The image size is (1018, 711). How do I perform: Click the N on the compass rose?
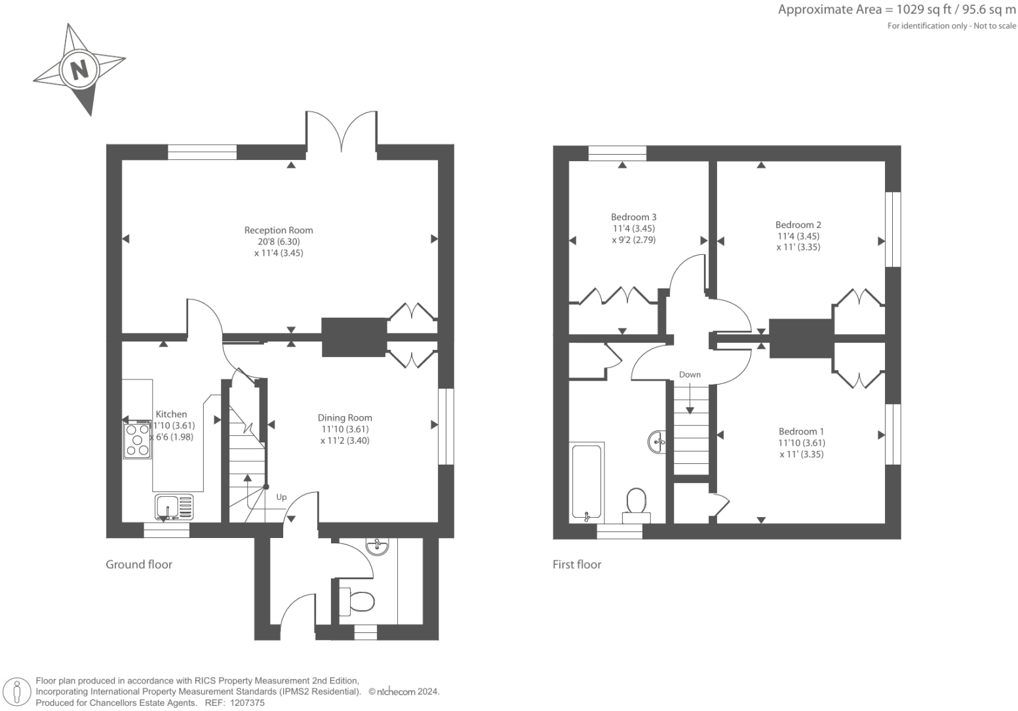(x=79, y=69)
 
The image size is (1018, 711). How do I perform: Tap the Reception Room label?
(x=279, y=230)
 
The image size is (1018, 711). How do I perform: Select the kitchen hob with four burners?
(x=138, y=440)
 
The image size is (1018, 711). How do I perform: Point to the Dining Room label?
(x=345, y=417)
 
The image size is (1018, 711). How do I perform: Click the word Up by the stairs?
(x=281, y=497)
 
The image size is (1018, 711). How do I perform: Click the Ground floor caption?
(x=139, y=564)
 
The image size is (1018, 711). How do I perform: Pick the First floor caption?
(x=577, y=564)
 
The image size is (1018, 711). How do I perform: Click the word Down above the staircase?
(x=690, y=375)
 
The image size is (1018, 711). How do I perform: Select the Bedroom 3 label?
(x=633, y=217)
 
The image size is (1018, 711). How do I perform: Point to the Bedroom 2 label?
(x=798, y=225)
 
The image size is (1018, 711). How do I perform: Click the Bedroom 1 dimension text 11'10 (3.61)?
(x=801, y=443)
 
